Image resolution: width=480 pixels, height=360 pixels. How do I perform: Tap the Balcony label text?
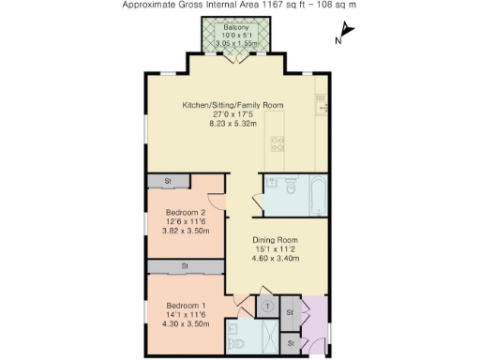[235, 28]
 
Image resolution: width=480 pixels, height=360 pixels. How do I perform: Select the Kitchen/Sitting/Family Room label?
[232, 104]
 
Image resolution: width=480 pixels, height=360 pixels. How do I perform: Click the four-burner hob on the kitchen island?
[278, 143]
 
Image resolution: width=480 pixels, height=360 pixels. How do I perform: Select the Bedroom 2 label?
[186, 212]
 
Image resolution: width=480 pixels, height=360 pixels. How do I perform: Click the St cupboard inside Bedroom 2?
[167, 180]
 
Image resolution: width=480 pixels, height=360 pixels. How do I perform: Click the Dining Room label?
[277, 239]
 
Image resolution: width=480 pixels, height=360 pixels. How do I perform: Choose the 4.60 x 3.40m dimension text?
[277, 258]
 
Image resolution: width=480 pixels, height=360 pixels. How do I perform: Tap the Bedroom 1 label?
[186, 306]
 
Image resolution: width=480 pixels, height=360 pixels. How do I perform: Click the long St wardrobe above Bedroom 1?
[185, 267]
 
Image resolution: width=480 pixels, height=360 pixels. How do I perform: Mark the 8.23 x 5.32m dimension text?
[232, 123]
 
